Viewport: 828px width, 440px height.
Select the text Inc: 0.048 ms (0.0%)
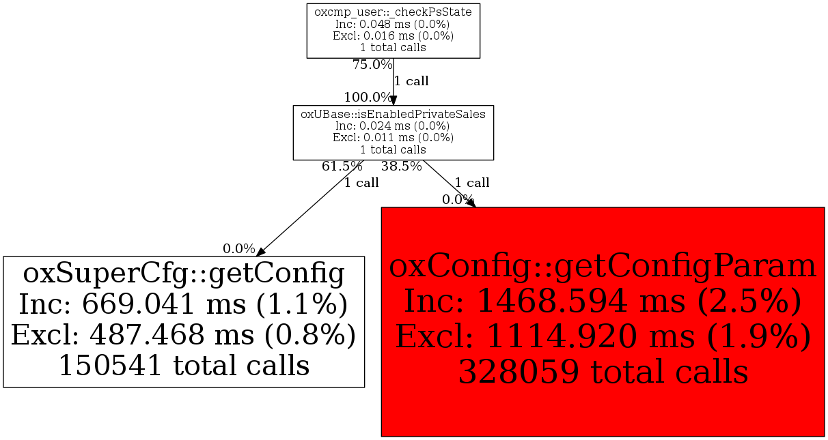[x=393, y=24]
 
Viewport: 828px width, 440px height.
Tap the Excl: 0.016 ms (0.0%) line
[x=393, y=35]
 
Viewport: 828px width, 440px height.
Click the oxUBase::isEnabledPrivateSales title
[x=393, y=114]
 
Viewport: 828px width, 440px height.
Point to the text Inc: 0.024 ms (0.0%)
[x=393, y=126]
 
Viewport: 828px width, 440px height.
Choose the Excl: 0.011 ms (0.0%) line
[x=393, y=137]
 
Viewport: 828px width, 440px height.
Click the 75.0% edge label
[x=372, y=65]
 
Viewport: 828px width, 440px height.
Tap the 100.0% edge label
[x=368, y=97]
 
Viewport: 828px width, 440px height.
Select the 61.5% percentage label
[x=342, y=166]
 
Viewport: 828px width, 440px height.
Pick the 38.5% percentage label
[x=401, y=166]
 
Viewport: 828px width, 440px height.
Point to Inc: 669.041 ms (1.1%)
[x=184, y=304]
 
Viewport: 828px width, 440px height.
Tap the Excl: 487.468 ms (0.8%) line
[x=184, y=335]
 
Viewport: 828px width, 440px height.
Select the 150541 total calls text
[x=184, y=366]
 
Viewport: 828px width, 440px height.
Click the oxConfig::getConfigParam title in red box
[x=603, y=266]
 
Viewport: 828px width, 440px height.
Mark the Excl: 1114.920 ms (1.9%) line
[x=603, y=337]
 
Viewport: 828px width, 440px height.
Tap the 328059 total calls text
[x=603, y=372]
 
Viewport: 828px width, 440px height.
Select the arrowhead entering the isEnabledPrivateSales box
[x=393, y=100]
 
